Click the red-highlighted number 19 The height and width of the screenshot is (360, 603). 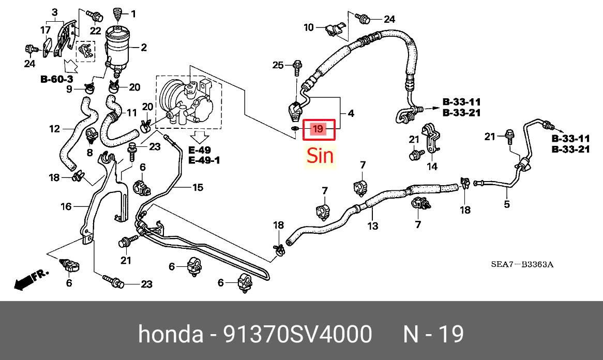click(318, 129)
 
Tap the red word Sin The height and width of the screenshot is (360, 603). click(320, 156)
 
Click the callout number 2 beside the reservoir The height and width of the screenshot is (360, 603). click(144, 47)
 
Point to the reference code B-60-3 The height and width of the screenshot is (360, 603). click(56, 80)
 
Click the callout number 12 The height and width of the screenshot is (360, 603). click(55, 128)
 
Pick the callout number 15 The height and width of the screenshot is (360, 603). click(198, 187)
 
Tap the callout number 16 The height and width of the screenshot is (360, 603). click(66, 206)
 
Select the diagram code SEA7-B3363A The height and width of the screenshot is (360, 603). click(522, 264)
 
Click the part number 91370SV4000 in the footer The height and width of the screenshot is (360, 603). click(298, 334)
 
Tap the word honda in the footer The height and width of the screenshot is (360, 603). click(170, 334)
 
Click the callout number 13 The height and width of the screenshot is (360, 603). click(373, 226)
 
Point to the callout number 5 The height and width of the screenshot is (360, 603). click(506, 204)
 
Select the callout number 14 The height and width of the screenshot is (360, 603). click(432, 166)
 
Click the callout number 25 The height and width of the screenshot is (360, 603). click(278, 65)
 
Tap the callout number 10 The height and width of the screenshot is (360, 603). click(309, 27)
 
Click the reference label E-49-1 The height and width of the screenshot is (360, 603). click(204, 160)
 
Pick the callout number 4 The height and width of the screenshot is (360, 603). click(350, 113)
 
